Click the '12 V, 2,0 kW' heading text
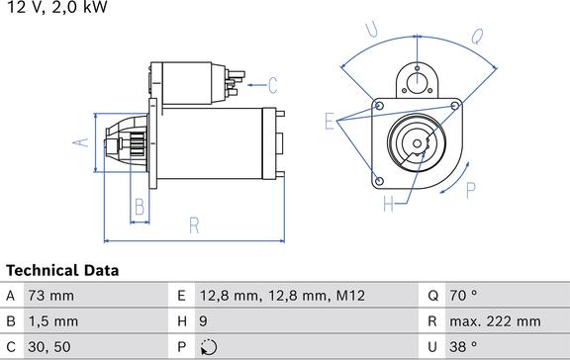tap(56, 8)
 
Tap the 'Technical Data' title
tap(62, 270)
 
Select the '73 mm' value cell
tap(49, 296)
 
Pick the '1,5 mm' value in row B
tap(52, 321)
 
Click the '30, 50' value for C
tap(49, 347)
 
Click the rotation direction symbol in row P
tap(207, 347)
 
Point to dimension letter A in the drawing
tap(82, 141)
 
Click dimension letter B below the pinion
tap(140, 207)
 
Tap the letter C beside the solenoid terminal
tap(272, 85)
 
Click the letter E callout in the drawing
tap(330, 122)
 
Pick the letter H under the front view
tap(389, 205)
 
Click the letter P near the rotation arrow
tap(470, 189)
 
